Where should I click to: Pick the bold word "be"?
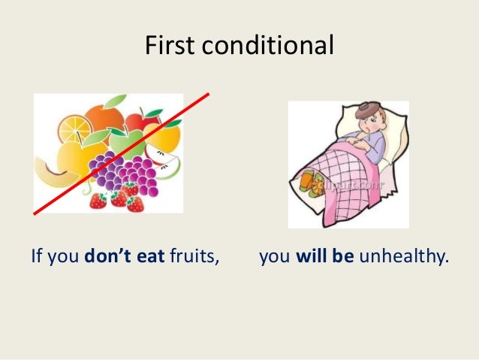345,258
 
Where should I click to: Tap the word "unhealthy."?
404,258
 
